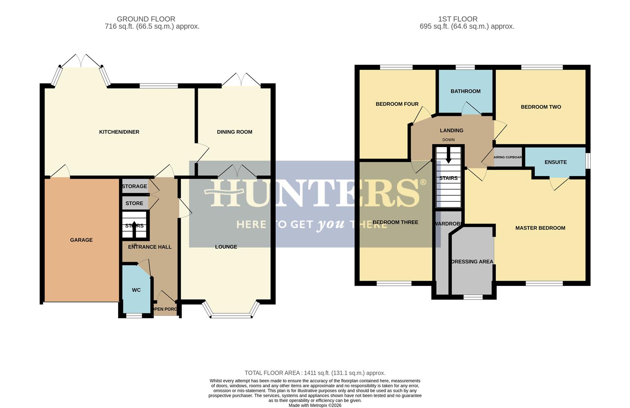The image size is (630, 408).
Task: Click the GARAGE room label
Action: click(81, 240)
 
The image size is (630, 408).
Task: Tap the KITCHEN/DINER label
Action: click(119, 132)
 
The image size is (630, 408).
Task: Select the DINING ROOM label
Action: click(234, 132)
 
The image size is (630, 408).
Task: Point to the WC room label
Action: click(136, 290)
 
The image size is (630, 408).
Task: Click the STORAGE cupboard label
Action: click(134, 186)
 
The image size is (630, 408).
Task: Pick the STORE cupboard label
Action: click(134, 203)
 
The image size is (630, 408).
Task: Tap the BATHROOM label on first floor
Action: click(465, 91)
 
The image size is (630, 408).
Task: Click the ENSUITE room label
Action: click(556, 162)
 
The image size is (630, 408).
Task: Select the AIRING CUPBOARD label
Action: click(508, 157)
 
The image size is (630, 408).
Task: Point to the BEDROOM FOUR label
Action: click(397, 104)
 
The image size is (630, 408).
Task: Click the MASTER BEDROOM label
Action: click(540, 228)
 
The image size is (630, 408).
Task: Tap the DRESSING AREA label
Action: click(472, 261)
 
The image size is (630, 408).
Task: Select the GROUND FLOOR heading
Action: click(146, 19)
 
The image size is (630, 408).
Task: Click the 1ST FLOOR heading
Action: click(457, 19)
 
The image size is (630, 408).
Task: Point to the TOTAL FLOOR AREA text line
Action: click(315, 373)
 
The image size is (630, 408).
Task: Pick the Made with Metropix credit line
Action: click(315, 405)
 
